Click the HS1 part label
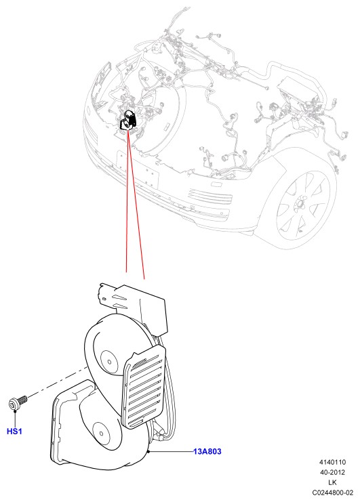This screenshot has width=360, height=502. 14,432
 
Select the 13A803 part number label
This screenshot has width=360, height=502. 207,451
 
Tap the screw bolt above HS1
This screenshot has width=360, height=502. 17,402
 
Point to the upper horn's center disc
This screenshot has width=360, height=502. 109,362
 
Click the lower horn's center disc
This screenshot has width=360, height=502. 102,434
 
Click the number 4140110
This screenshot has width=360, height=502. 332,462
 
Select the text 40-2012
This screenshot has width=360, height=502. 332,472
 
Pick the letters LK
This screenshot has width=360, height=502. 332,482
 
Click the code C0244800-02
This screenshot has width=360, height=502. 332,493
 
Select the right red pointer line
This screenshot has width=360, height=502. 137,205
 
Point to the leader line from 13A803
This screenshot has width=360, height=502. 172,451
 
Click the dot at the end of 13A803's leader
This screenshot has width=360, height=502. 149,451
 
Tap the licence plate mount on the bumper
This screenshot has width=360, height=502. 138,169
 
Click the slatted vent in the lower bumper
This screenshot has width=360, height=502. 209,196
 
